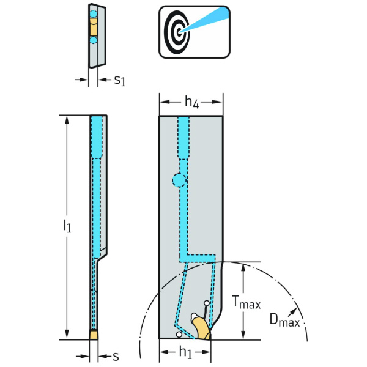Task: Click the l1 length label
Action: pyautogui.click(x=67, y=227)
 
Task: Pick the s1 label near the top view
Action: pyautogui.click(x=120, y=80)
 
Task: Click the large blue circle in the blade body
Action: pyautogui.click(x=179, y=180)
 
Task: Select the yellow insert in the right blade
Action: pyautogui.click(x=201, y=327)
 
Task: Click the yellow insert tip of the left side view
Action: pyautogui.click(x=94, y=335)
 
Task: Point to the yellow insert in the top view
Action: pyautogui.click(x=94, y=27)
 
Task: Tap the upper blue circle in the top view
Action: pyautogui.click(x=94, y=14)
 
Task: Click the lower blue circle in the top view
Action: pyautogui.click(x=94, y=40)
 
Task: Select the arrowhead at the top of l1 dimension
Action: pyautogui.click(x=67, y=119)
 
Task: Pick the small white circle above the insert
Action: pyautogui.click(x=207, y=304)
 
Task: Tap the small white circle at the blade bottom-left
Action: pyautogui.click(x=178, y=334)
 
